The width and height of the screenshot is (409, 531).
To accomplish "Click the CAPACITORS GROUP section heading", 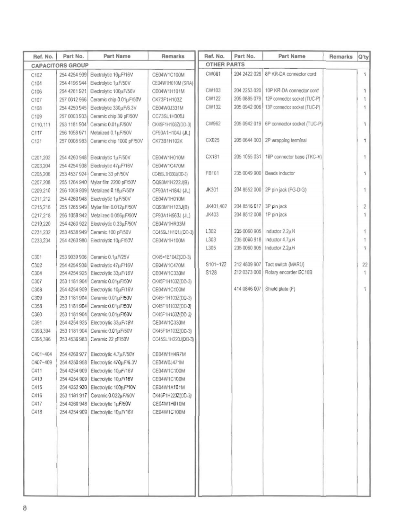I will click(60, 65).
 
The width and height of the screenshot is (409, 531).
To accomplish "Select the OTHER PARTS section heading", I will click(225, 64).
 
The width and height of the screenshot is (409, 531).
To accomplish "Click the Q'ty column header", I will click(363, 56).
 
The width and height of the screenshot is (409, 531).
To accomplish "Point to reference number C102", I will click(36, 75).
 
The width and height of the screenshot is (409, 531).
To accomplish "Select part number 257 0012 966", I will click(73, 99).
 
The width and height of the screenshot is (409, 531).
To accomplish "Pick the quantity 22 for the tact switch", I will click(365, 265).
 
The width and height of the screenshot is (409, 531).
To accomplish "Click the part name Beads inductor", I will click(279, 173).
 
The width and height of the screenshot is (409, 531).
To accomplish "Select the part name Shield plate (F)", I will click(280, 289).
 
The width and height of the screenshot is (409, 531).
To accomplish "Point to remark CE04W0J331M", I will click(168, 108).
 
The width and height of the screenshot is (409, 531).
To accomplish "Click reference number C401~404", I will click(42, 354).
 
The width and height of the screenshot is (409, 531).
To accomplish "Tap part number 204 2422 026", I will click(247, 74).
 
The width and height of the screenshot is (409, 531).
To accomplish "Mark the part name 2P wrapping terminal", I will click(286, 140).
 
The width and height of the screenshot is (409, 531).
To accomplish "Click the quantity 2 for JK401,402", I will click(365, 206).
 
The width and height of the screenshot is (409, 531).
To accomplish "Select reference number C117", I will click(36, 133).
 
